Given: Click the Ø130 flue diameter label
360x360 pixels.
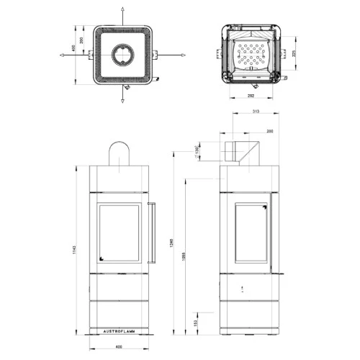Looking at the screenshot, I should coord(197,150).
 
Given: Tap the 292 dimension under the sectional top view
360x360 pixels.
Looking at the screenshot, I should coord(251,94).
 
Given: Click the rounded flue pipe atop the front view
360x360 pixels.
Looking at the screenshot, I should coord(120,153).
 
